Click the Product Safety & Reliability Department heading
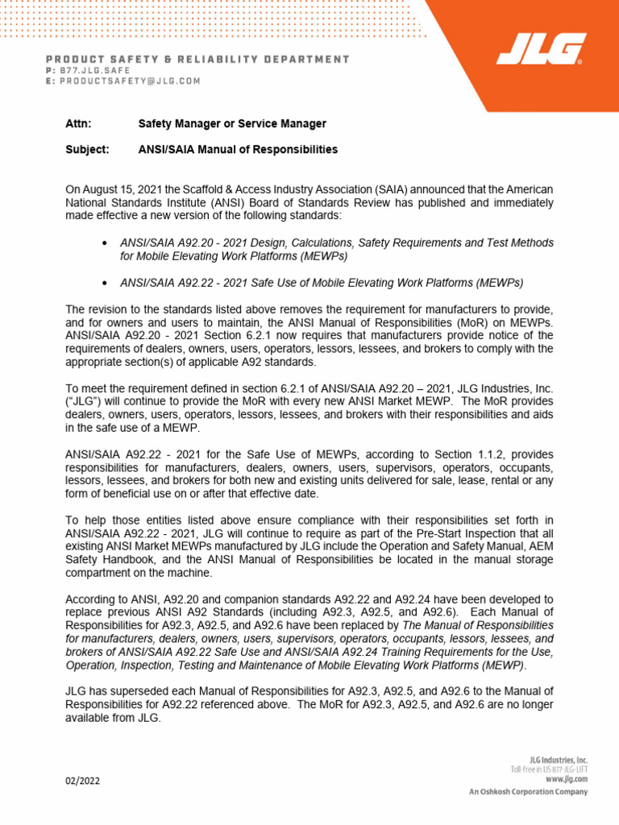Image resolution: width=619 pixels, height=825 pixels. coord(197,59)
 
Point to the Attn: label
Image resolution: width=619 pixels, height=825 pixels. coord(77,124)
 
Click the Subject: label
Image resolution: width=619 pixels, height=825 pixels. coord(85,150)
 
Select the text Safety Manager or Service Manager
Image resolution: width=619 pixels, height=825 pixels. coord(232,124)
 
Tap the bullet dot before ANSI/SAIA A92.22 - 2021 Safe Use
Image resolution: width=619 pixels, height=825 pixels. coord(106,283)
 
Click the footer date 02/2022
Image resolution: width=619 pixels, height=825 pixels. coord(84,781)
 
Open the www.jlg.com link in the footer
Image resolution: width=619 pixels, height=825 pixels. coord(567,779)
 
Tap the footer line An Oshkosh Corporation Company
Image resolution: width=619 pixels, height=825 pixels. coord(529,792)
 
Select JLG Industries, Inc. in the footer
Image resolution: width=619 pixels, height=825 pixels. coord(559,760)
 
